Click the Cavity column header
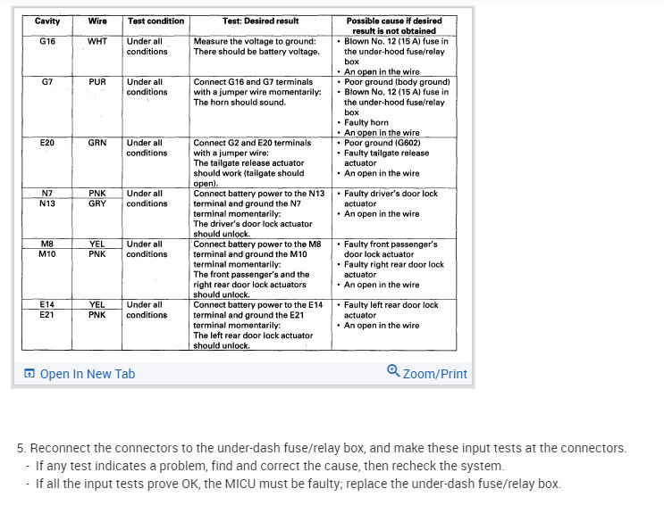tap(47, 21)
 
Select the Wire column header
tap(97, 21)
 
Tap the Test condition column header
tap(155, 21)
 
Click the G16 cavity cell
tap(47, 41)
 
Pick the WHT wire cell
tap(97, 41)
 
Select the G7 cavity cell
tap(47, 81)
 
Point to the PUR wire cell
tap(97, 81)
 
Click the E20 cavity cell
tap(47, 142)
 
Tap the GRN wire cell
tap(97, 142)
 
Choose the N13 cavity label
tap(47, 203)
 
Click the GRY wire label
tap(97, 203)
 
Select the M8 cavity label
tap(47, 244)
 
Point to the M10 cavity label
tap(47, 253)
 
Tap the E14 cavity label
tap(47, 304)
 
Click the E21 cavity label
tap(47, 314)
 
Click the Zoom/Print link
tap(434, 374)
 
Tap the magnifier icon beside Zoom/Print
tap(393, 371)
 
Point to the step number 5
tap(21, 448)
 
